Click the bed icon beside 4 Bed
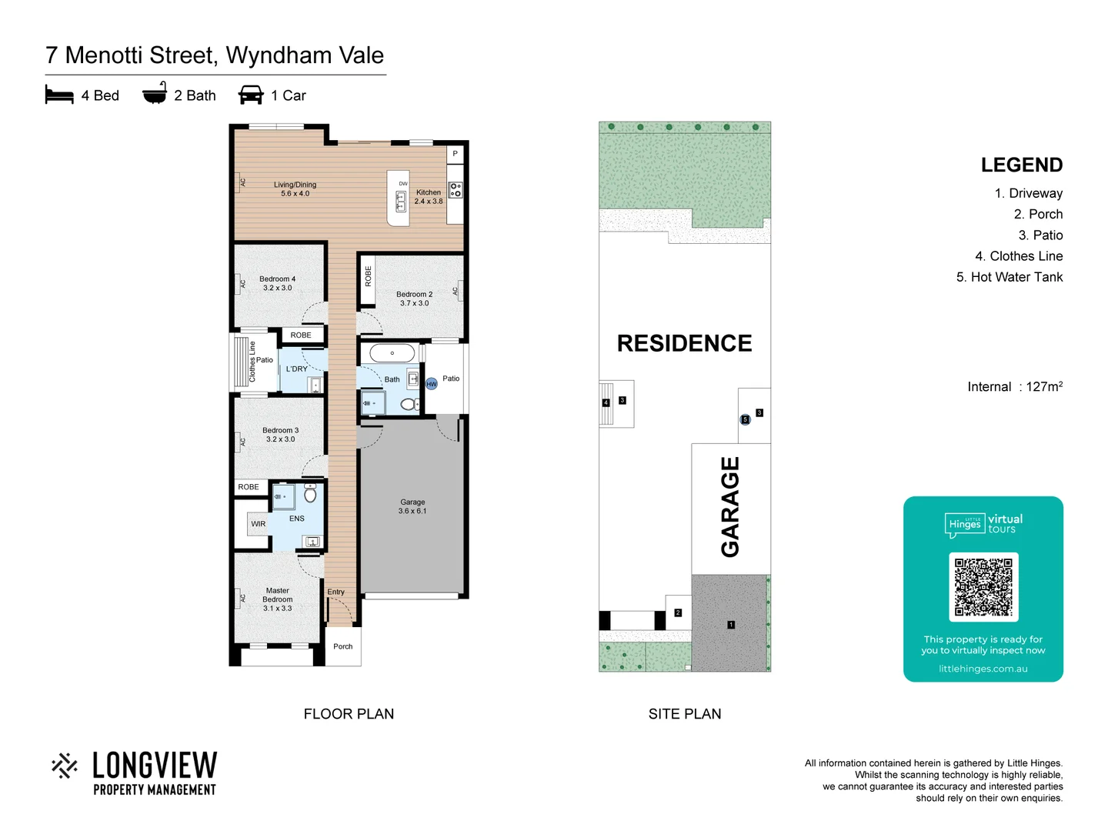click(x=59, y=95)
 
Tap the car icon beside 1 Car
click(x=251, y=95)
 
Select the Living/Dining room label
click(x=295, y=189)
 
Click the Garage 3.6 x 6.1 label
click(x=412, y=506)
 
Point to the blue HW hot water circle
click(x=432, y=383)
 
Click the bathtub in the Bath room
click(x=392, y=353)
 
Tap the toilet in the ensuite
click(x=310, y=493)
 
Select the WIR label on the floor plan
click(x=258, y=524)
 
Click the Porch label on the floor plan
click(x=343, y=646)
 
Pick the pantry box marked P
click(x=455, y=154)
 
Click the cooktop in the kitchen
click(x=456, y=189)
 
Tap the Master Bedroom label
click(x=278, y=599)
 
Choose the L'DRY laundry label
click(x=296, y=369)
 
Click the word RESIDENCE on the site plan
click(x=684, y=343)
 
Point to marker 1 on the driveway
click(x=731, y=625)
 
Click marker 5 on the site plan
click(x=745, y=419)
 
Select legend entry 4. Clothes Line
click(x=1018, y=256)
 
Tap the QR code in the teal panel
click(x=983, y=586)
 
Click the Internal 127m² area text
click(x=1014, y=386)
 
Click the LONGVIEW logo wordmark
click(x=154, y=766)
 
